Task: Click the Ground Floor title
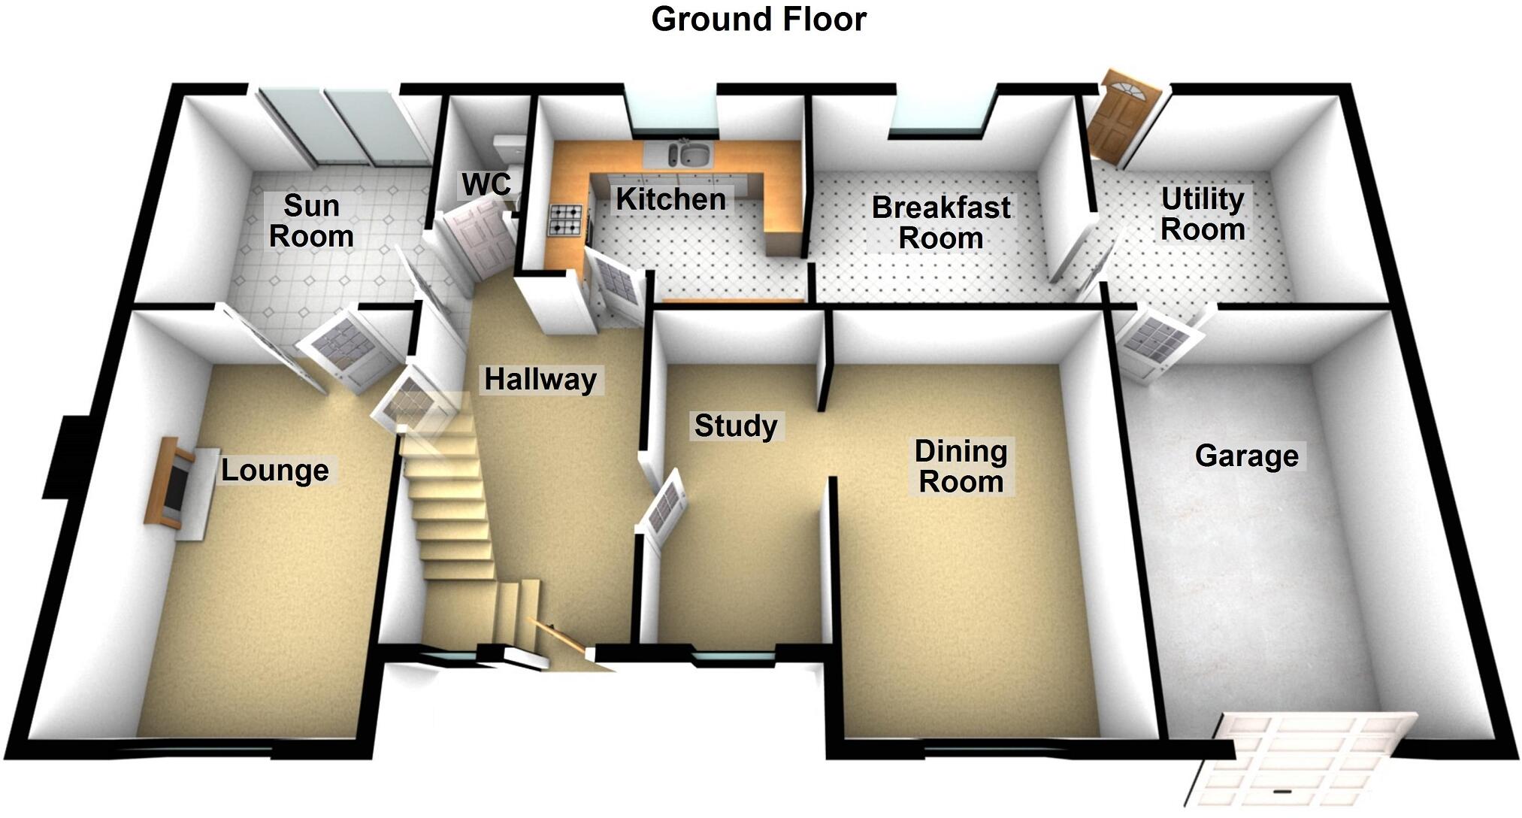[x=758, y=19]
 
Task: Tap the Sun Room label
[x=311, y=221]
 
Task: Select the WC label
[x=486, y=184]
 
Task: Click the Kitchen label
[x=670, y=199]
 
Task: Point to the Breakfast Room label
[x=940, y=223]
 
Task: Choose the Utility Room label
[x=1203, y=214]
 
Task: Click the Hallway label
[x=540, y=380]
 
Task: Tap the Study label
[x=735, y=426]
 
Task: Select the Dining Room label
[x=961, y=467]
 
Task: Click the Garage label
[x=1246, y=456]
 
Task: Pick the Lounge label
[x=274, y=471]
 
